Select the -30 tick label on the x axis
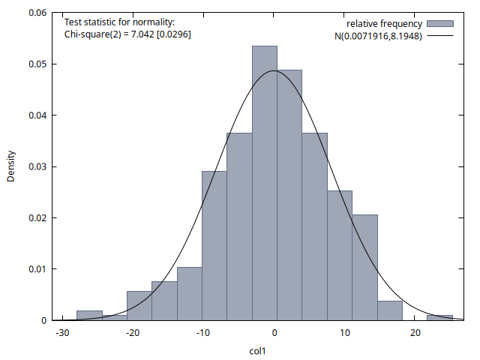click(64, 334)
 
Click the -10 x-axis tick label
click(204, 334)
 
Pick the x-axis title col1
click(259, 349)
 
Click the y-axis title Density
click(11, 166)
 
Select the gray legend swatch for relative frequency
click(440, 24)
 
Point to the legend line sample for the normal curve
click(440, 35)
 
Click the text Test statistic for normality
click(119, 22)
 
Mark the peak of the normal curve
click(274, 71)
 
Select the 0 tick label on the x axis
click(275, 334)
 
